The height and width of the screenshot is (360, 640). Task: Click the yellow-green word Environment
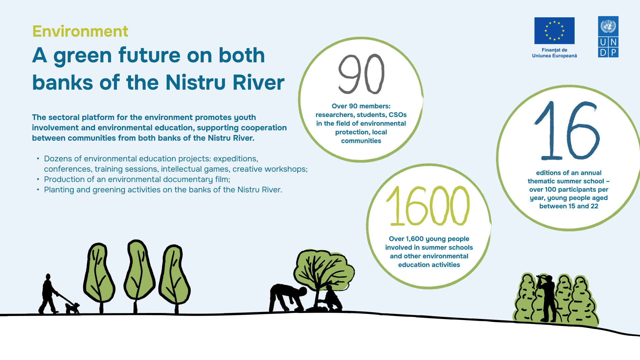tap(80, 31)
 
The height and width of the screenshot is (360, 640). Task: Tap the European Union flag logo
tap(554, 31)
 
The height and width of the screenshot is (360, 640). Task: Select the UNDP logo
tap(608, 37)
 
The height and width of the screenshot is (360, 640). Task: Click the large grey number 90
tap(361, 74)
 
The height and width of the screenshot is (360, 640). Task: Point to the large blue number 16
tap(567, 131)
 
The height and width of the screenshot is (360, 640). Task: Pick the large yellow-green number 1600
tap(428, 205)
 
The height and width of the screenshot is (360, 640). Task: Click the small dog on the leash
tap(72, 308)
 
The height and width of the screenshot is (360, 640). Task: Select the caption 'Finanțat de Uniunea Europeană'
tap(554, 53)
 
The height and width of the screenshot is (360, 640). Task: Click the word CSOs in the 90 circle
tap(398, 115)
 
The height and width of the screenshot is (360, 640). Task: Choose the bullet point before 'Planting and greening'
tap(38, 190)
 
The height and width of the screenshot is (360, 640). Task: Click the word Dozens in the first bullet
tap(57, 159)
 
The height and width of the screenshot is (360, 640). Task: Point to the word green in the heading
tap(82, 56)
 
